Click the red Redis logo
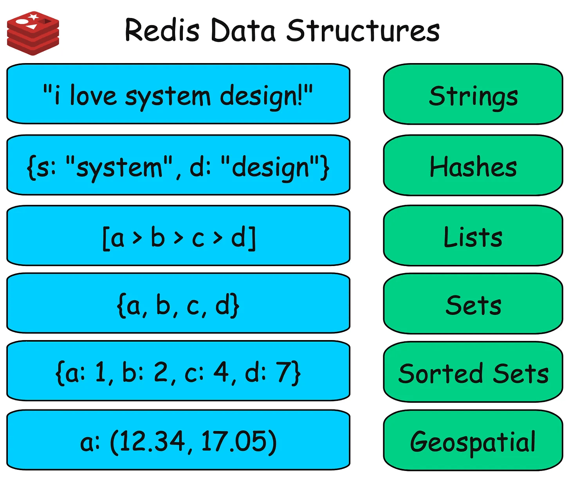(33, 33)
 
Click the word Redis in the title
(162, 31)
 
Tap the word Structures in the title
(363, 31)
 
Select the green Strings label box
(473, 94)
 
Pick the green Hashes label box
(473, 166)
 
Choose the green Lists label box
(473, 236)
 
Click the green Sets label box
(473, 304)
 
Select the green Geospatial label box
(473, 441)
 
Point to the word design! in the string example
(261, 96)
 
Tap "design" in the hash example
(270, 167)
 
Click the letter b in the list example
(158, 237)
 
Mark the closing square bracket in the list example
(253, 238)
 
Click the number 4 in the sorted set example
(222, 372)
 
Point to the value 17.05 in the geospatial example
(233, 442)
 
